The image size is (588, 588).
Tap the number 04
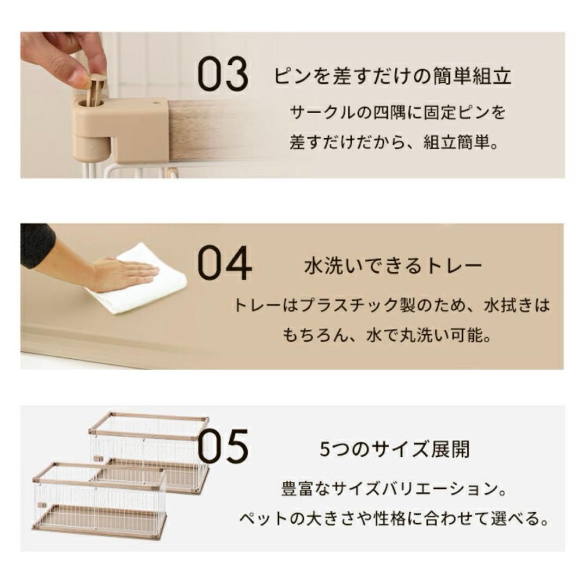coord(224,264)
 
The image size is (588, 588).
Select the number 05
coord(223,446)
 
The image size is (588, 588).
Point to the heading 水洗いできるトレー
coord(393,266)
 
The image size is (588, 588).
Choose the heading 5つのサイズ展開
coord(394,450)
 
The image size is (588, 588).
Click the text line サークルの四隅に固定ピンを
coord(398,113)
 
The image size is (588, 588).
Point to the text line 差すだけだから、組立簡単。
coord(394,144)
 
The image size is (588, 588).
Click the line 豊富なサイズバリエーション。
coord(394,488)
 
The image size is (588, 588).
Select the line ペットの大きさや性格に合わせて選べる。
coord(394,518)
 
